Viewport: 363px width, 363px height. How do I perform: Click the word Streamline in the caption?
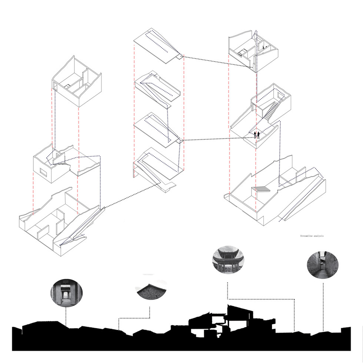coord(306,236)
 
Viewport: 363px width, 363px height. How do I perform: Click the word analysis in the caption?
coord(319,236)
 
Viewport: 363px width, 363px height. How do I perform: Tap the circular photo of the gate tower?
coord(228,260)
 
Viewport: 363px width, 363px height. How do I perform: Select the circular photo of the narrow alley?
coord(323,265)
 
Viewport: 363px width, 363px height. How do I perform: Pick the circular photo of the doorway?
coord(66,293)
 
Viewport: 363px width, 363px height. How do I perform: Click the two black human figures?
coord(257,135)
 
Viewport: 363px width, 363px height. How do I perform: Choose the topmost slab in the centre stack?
coord(159,46)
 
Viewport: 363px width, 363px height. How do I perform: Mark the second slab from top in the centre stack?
coord(157,89)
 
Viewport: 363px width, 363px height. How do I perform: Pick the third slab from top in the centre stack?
coord(159,130)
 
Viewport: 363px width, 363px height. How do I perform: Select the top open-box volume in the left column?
coord(77,81)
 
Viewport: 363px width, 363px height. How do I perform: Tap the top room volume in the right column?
coord(253,51)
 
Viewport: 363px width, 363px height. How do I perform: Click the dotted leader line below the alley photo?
coord(323,305)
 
